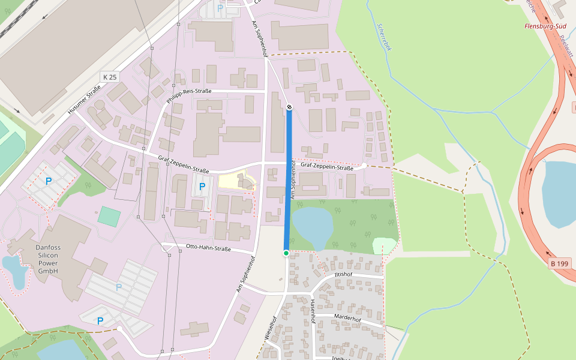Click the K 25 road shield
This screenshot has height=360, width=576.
coord(109,77)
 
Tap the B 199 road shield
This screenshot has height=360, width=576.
coord(560,263)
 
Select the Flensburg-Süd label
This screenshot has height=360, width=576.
coord(545,26)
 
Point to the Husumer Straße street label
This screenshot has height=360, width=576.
coord(84,101)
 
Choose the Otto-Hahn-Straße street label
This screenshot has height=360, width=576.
coord(208,248)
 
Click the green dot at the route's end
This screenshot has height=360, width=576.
coord(286,253)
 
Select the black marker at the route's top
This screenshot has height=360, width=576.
coord(289,107)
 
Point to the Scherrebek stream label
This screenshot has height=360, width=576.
coord(384,37)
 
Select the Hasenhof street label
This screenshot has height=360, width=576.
coord(312,311)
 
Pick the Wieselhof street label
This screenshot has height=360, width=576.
coord(270,329)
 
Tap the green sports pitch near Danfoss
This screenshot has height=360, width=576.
coord(109,216)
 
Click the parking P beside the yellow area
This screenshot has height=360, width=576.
coord(202,187)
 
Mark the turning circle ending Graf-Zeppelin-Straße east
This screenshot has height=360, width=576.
coord(364,165)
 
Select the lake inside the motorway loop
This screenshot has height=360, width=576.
coord(559,192)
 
